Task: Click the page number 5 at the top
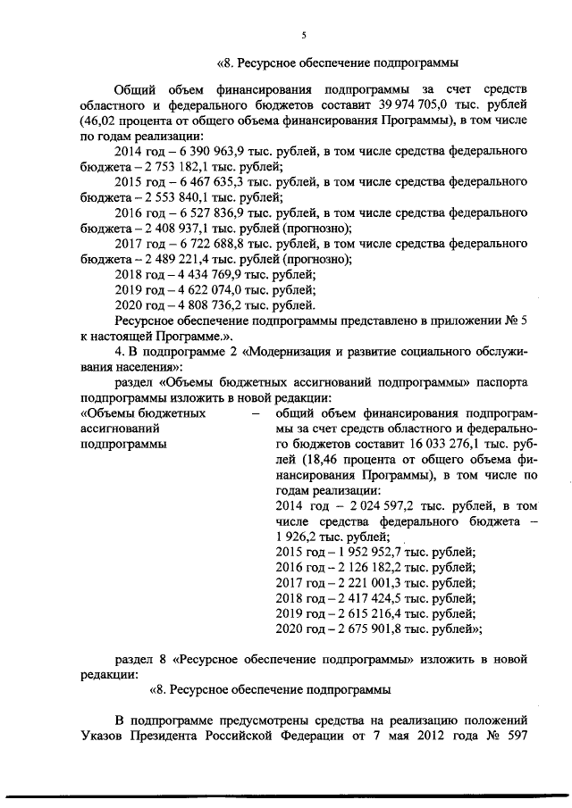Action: coord(304,35)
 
